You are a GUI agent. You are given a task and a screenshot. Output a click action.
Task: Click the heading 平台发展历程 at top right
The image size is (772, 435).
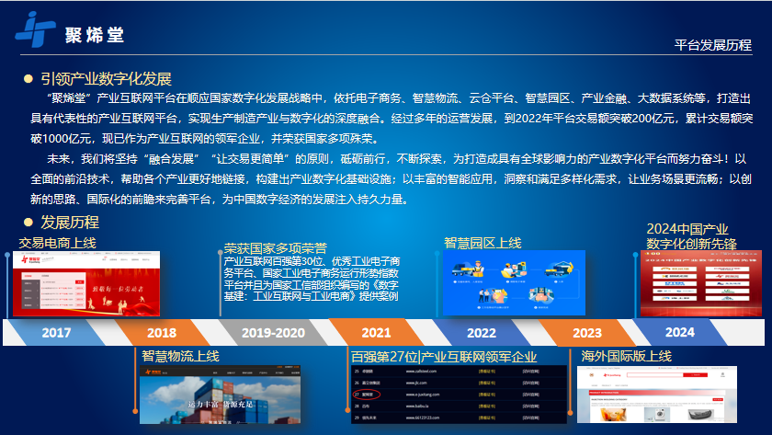pos(712,45)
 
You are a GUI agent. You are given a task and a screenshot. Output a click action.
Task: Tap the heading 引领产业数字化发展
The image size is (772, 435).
pos(106,79)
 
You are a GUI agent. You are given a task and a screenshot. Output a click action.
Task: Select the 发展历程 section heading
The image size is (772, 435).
pos(69,222)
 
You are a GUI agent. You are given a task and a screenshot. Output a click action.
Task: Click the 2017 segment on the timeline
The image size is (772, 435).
pos(57,332)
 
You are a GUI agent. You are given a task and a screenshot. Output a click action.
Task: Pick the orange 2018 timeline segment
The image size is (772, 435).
pos(162,332)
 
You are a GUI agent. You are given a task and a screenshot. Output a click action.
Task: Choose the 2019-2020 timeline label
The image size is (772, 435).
pos(267,332)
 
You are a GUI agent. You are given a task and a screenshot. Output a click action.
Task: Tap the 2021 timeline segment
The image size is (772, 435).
pos(375,332)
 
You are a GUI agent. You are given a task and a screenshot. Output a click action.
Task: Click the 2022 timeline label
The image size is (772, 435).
pos(481,332)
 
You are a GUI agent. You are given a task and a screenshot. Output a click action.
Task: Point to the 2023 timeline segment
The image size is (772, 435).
pos(586,332)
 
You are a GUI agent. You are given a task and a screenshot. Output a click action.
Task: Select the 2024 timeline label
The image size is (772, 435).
pos(680,332)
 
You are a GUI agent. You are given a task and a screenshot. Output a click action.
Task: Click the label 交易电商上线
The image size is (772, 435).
pos(57,243)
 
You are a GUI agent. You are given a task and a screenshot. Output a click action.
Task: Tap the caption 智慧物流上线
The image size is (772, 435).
pos(180,355)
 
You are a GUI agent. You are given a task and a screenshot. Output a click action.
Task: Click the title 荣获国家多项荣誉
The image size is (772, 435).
pos(276,248)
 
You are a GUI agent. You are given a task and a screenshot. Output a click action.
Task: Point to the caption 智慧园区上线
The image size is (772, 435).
pos(482,243)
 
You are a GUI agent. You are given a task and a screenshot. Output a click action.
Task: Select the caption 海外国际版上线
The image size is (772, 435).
pos(627,356)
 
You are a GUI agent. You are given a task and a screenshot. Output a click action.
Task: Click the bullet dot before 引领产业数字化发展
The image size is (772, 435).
pos(28,79)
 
